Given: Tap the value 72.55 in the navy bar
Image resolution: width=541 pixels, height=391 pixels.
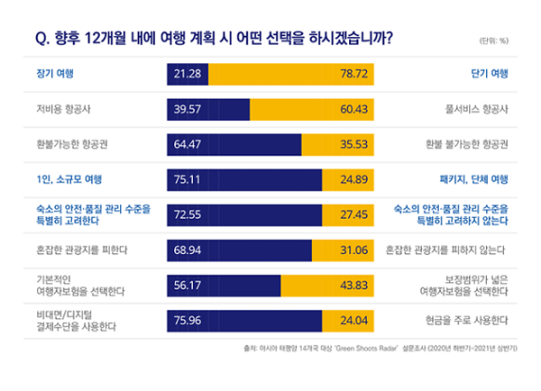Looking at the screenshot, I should pyautogui.click(x=188, y=214).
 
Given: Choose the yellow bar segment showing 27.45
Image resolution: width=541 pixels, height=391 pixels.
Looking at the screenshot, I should pyautogui.click(x=344, y=214).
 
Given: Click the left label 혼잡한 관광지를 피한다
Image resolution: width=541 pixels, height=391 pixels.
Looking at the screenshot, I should pyautogui.click(x=82, y=249).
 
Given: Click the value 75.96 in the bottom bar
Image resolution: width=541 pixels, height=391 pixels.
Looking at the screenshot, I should pyautogui.click(x=188, y=319).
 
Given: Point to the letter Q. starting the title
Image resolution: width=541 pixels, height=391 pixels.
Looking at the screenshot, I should pyautogui.click(x=40, y=38).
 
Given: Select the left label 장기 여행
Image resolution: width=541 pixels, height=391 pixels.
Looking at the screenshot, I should pyautogui.click(x=53, y=73).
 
